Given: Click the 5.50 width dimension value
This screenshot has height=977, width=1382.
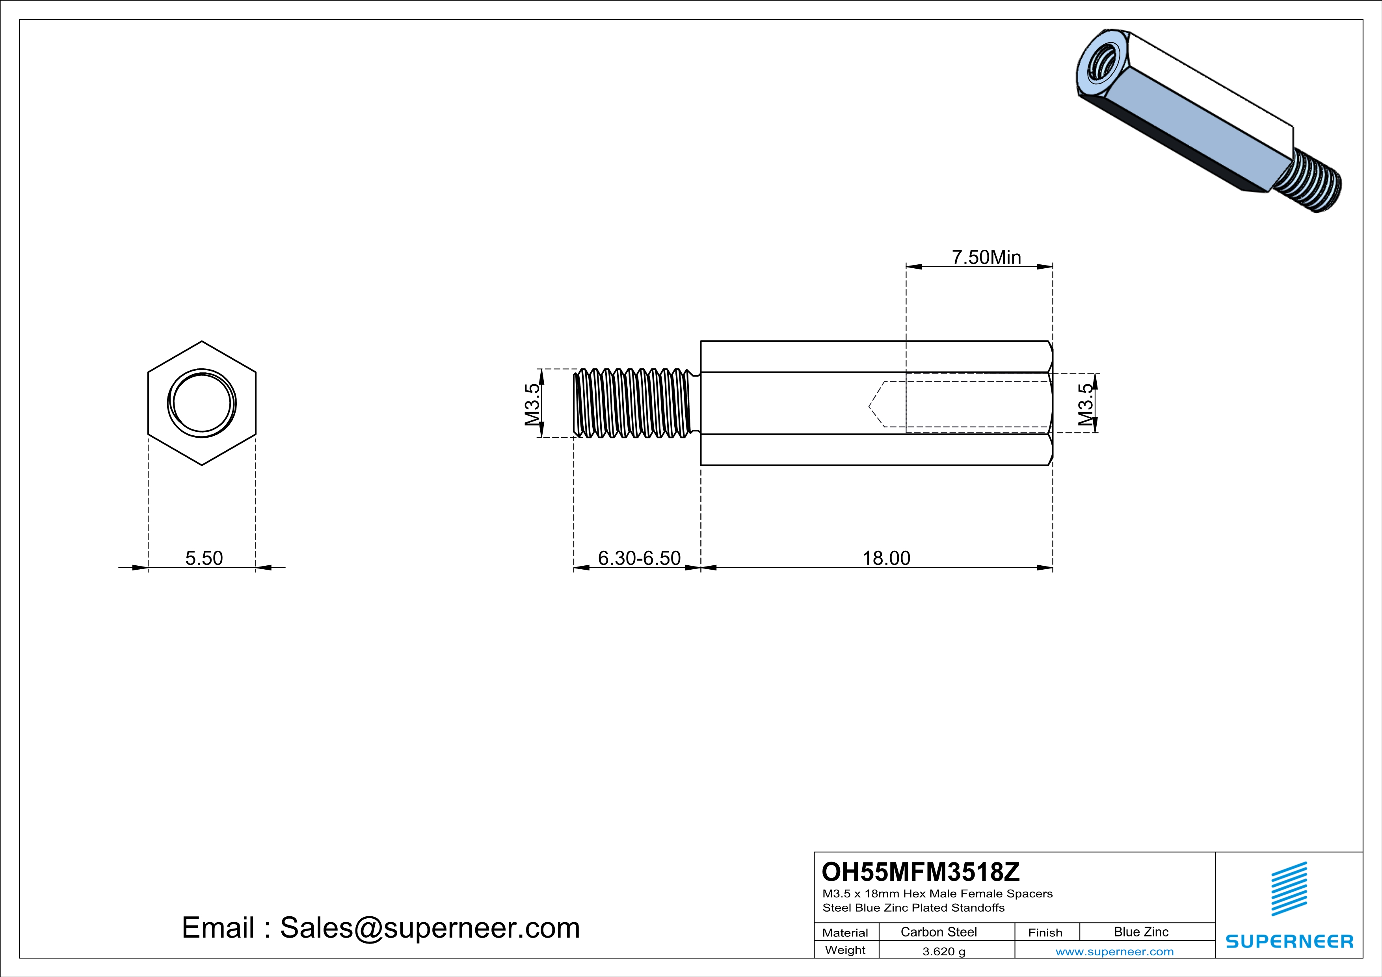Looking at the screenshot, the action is point(204,558).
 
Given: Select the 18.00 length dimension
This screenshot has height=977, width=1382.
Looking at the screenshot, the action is point(886,558).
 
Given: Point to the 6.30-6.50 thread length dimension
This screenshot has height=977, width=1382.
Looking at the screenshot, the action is point(639,558).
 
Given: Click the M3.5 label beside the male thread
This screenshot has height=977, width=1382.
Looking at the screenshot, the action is point(532,404).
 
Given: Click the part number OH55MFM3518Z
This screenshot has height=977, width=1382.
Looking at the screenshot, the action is point(921,872).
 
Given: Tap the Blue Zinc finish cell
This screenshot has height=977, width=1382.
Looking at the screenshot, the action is point(1141,932).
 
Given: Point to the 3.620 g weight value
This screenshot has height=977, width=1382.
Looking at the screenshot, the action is point(944,951).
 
